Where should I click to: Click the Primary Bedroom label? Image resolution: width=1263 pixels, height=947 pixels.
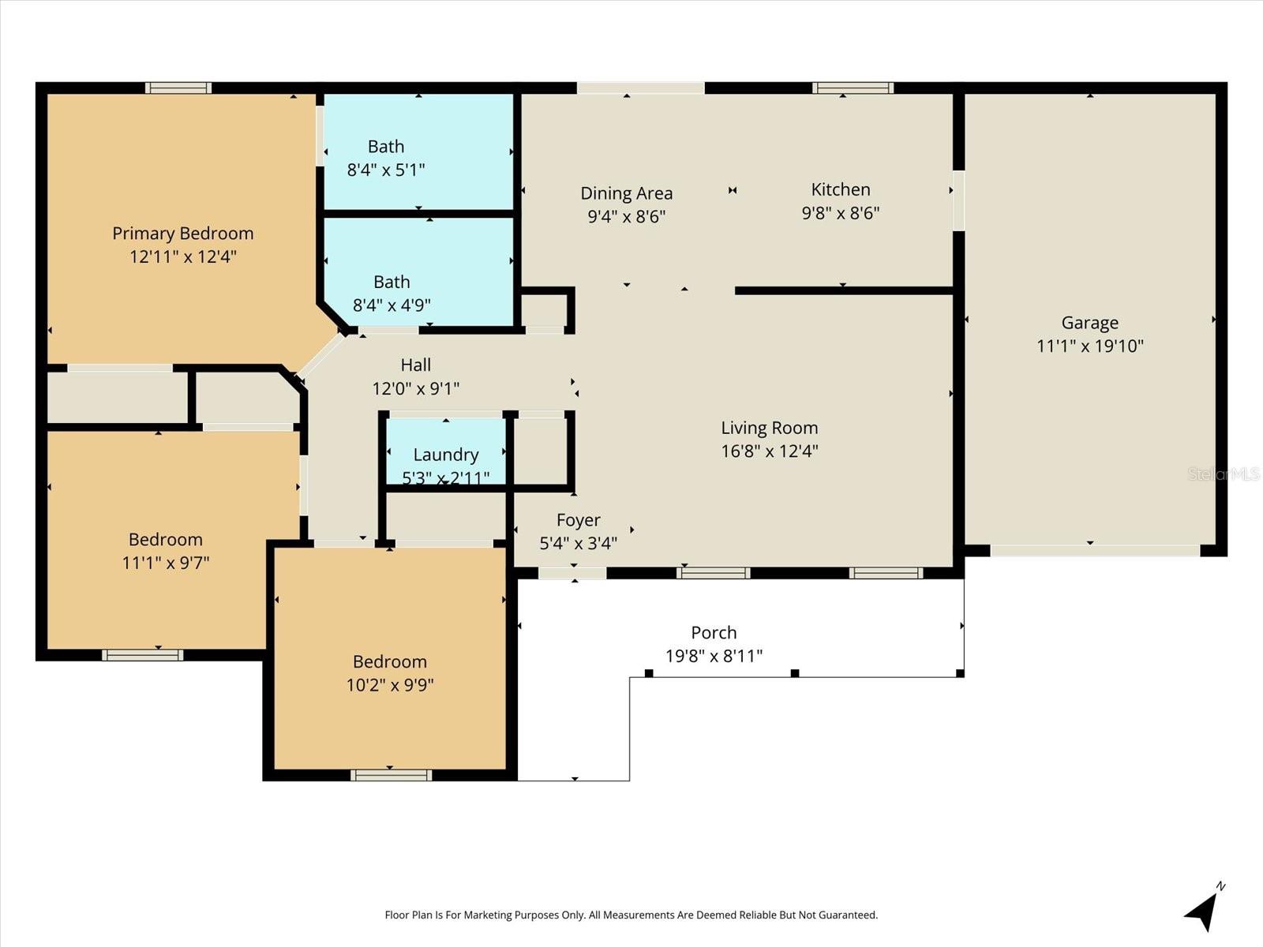(x=182, y=234)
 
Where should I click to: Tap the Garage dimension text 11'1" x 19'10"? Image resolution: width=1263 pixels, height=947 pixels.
(x=1089, y=346)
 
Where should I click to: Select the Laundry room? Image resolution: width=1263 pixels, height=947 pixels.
(x=446, y=455)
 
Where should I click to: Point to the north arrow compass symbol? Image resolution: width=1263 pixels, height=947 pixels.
(x=1202, y=909)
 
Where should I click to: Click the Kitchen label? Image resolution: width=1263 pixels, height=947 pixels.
(x=841, y=189)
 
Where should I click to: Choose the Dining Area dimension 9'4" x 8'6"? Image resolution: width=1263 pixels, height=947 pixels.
(x=627, y=216)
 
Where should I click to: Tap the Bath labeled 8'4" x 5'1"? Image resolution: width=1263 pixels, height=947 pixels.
(x=386, y=157)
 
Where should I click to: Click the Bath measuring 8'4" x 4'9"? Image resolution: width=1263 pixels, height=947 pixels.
(x=392, y=293)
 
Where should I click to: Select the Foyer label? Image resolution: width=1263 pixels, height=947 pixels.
(x=578, y=520)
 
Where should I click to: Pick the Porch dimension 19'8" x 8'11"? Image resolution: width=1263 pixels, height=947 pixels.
(x=714, y=656)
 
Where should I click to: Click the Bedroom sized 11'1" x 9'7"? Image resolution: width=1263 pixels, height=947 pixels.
(x=166, y=550)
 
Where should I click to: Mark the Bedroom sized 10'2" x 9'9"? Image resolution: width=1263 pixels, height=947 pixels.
(x=390, y=672)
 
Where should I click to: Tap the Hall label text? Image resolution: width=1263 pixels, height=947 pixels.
(x=416, y=365)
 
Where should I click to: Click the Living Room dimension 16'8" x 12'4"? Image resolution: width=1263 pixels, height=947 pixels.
(x=769, y=451)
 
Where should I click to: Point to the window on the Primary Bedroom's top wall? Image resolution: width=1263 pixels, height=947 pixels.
(x=178, y=88)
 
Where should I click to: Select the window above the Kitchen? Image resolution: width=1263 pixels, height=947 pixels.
(x=853, y=88)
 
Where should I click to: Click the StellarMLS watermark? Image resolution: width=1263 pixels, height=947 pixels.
(x=1224, y=473)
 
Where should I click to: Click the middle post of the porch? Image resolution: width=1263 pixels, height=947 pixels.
(x=795, y=673)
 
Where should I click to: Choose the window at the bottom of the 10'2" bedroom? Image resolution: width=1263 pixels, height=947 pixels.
(x=391, y=776)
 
